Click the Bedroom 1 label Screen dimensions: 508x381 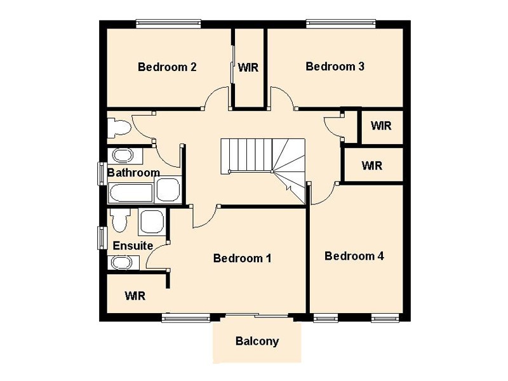click(x=243, y=258)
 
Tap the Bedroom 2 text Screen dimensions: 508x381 click(x=167, y=67)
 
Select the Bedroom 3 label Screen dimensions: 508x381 click(x=335, y=67)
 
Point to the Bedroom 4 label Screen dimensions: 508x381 click(x=354, y=256)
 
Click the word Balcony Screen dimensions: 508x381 click(x=257, y=342)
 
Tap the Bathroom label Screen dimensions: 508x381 click(x=133, y=172)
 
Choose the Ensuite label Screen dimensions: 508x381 click(x=133, y=246)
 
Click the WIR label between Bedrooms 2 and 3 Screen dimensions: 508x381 click(x=248, y=67)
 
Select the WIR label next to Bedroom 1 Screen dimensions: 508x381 click(x=135, y=295)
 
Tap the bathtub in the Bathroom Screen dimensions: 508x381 click(x=131, y=193)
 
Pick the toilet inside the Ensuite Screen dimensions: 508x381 click(x=119, y=220)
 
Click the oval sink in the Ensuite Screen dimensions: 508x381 click(x=122, y=262)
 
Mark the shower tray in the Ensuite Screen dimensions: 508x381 click(x=152, y=222)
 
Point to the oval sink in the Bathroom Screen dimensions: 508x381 click(x=123, y=156)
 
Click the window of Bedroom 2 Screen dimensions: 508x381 click(x=168, y=23)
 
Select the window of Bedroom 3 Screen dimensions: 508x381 click(x=342, y=23)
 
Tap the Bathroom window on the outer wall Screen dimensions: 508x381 click(x=102, y=173)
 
